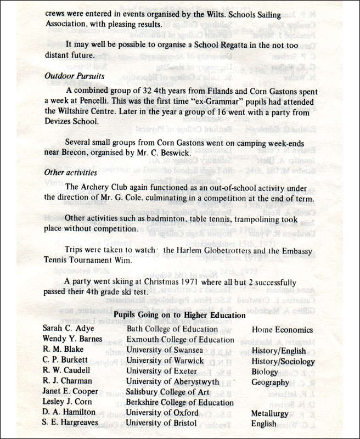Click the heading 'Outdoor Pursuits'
tap(74, 76)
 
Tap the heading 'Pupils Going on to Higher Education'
tap(179, 315)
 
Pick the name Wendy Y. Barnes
tap(72, 340)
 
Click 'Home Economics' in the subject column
tap(282, 330)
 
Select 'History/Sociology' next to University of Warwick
tap(283, 361)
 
